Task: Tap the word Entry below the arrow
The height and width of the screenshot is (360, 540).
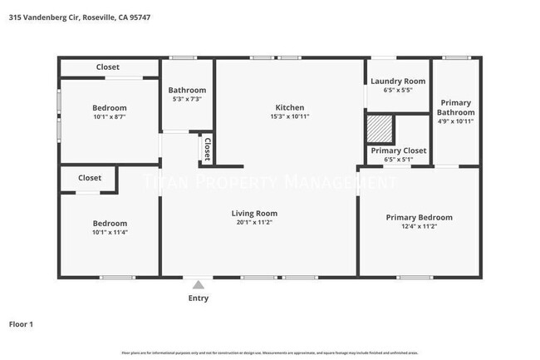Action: coord(199,298)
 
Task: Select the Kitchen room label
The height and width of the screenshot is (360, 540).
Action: coord(290,107)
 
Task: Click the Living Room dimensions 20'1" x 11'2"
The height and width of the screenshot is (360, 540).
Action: coord(253,223)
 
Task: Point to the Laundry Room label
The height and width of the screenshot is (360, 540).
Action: coord(398,81)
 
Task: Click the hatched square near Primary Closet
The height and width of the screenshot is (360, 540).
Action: coord(380,130)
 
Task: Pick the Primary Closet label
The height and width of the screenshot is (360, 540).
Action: coord(398,150)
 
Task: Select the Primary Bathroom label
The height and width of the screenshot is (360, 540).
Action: coord(457,107)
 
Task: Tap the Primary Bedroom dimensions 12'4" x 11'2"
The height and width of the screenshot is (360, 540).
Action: coord(419,227)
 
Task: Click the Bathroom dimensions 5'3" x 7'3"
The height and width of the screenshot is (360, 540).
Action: coord(187,99)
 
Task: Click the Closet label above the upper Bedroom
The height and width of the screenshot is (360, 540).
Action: coord(107,67)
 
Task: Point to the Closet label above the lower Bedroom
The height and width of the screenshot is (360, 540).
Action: coord(90,178)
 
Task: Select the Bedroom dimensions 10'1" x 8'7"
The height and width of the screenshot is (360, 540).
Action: coord(109,117)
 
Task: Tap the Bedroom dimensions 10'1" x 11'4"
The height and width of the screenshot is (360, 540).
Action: coord(109,232)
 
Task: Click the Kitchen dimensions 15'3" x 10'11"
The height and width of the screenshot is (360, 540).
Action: coord(290,116)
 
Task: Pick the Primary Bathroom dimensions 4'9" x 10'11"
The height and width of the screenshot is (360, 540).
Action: coord(457,121)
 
